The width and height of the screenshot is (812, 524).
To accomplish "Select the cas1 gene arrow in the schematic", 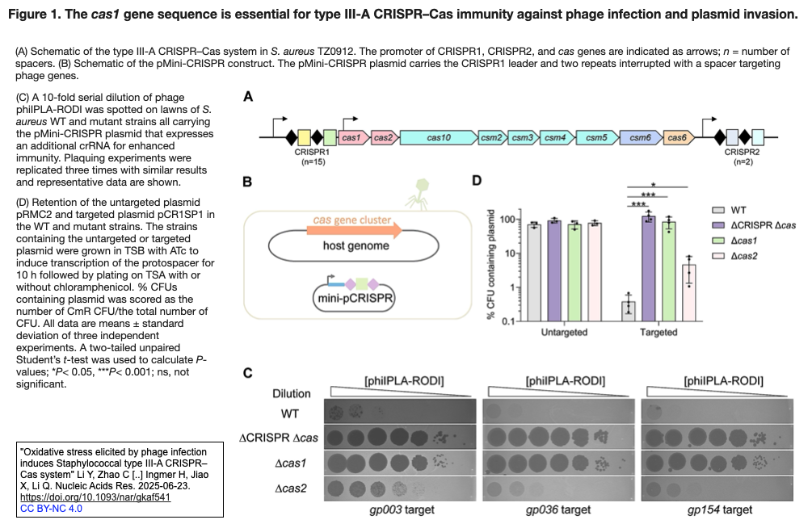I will click(x=352, y=138).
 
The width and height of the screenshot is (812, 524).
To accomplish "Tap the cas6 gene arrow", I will click(x=678, y=138).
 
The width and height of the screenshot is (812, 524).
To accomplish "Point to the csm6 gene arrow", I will click(x=640, y=138).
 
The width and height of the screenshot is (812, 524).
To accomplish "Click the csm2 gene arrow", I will click(x=491, y=138).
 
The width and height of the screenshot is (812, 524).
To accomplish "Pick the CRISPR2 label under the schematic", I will click(x=742, y=151).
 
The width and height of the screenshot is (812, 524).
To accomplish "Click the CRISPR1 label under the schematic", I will click(x=311, y=151).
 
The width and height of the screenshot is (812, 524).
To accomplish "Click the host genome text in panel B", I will click(x=356, y=245).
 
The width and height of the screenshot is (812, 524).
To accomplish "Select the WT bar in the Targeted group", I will click(x=628, y=311).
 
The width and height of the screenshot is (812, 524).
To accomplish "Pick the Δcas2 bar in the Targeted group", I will click(x=688, y=292).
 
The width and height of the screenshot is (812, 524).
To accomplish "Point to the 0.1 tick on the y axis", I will click(x=508, y=321).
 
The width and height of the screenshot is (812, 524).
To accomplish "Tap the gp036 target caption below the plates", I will click(x=557, y=509).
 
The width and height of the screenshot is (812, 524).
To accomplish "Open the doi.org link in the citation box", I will click(x=95, y=497).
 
